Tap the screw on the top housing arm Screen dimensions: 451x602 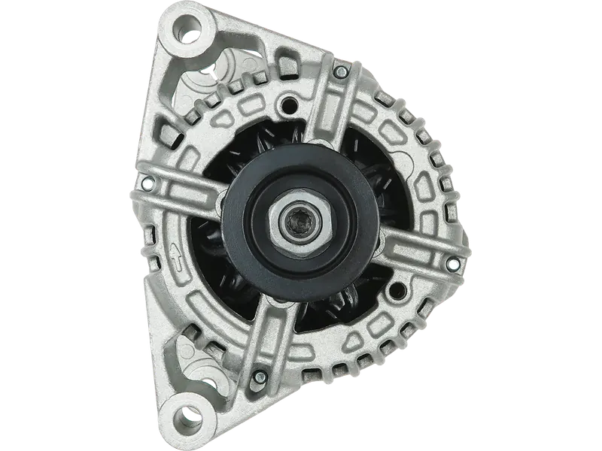(x=341, y=72)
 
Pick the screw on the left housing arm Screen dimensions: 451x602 (x=147, y=181)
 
